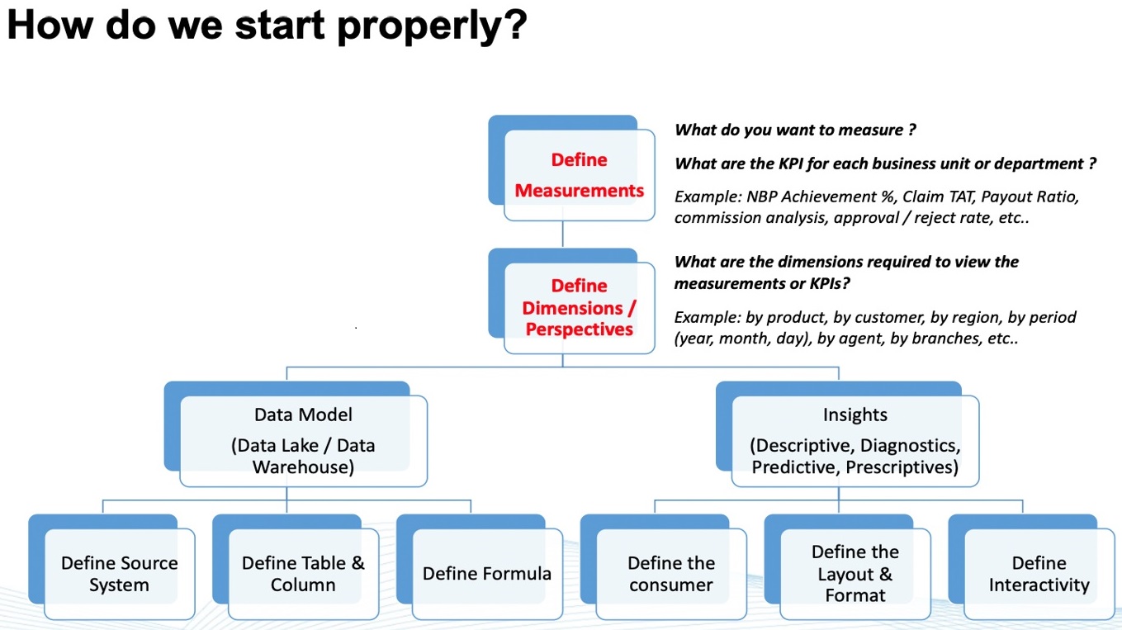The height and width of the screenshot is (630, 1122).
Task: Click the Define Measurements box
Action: coord(579,175)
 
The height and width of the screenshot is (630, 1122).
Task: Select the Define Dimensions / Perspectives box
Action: coord(579,307)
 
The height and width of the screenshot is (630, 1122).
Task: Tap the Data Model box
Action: coord(303,441)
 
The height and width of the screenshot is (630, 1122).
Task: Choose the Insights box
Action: coord(855,441)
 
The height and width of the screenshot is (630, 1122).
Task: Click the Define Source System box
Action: coord(119,574)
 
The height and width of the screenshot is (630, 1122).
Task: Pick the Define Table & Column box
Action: coord(303,574)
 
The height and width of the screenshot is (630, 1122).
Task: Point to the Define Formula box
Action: coord(487,574)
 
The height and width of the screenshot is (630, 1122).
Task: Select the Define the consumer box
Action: coord(671,574)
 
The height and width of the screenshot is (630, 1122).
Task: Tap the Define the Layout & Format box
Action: coord(855,574)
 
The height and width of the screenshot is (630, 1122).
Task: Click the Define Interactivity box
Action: coord(1039,574)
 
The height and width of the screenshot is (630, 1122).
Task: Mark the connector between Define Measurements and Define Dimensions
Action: coord(562,234)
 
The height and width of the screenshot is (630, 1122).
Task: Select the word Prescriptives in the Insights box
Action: coord(902,467)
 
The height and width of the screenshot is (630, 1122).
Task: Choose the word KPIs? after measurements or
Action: coord(830,284)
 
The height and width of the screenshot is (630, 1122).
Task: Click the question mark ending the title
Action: coord(514,24)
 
